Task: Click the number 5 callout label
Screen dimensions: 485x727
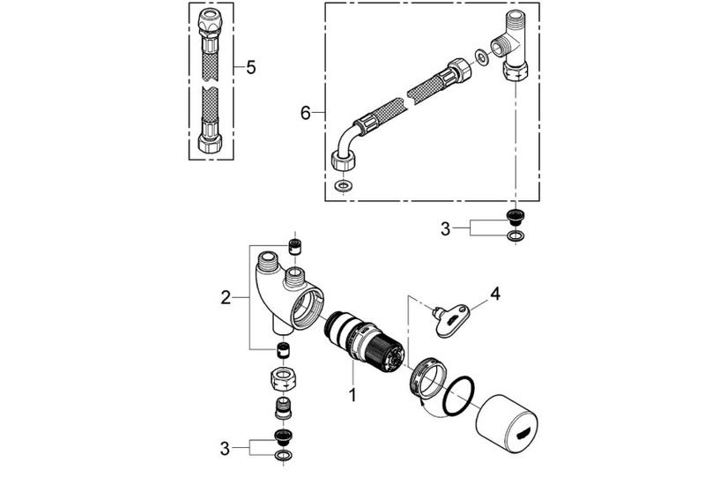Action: [x=250, y=68]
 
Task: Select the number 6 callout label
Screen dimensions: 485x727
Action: [x=306, y=112]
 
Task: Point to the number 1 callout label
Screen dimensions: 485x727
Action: [x=352, y=396]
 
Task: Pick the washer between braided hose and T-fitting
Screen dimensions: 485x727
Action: [x=481, y=58]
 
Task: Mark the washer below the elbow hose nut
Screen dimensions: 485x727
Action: [x=343, y=187]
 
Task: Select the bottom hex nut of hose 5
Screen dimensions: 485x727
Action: [x=211, y=141]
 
